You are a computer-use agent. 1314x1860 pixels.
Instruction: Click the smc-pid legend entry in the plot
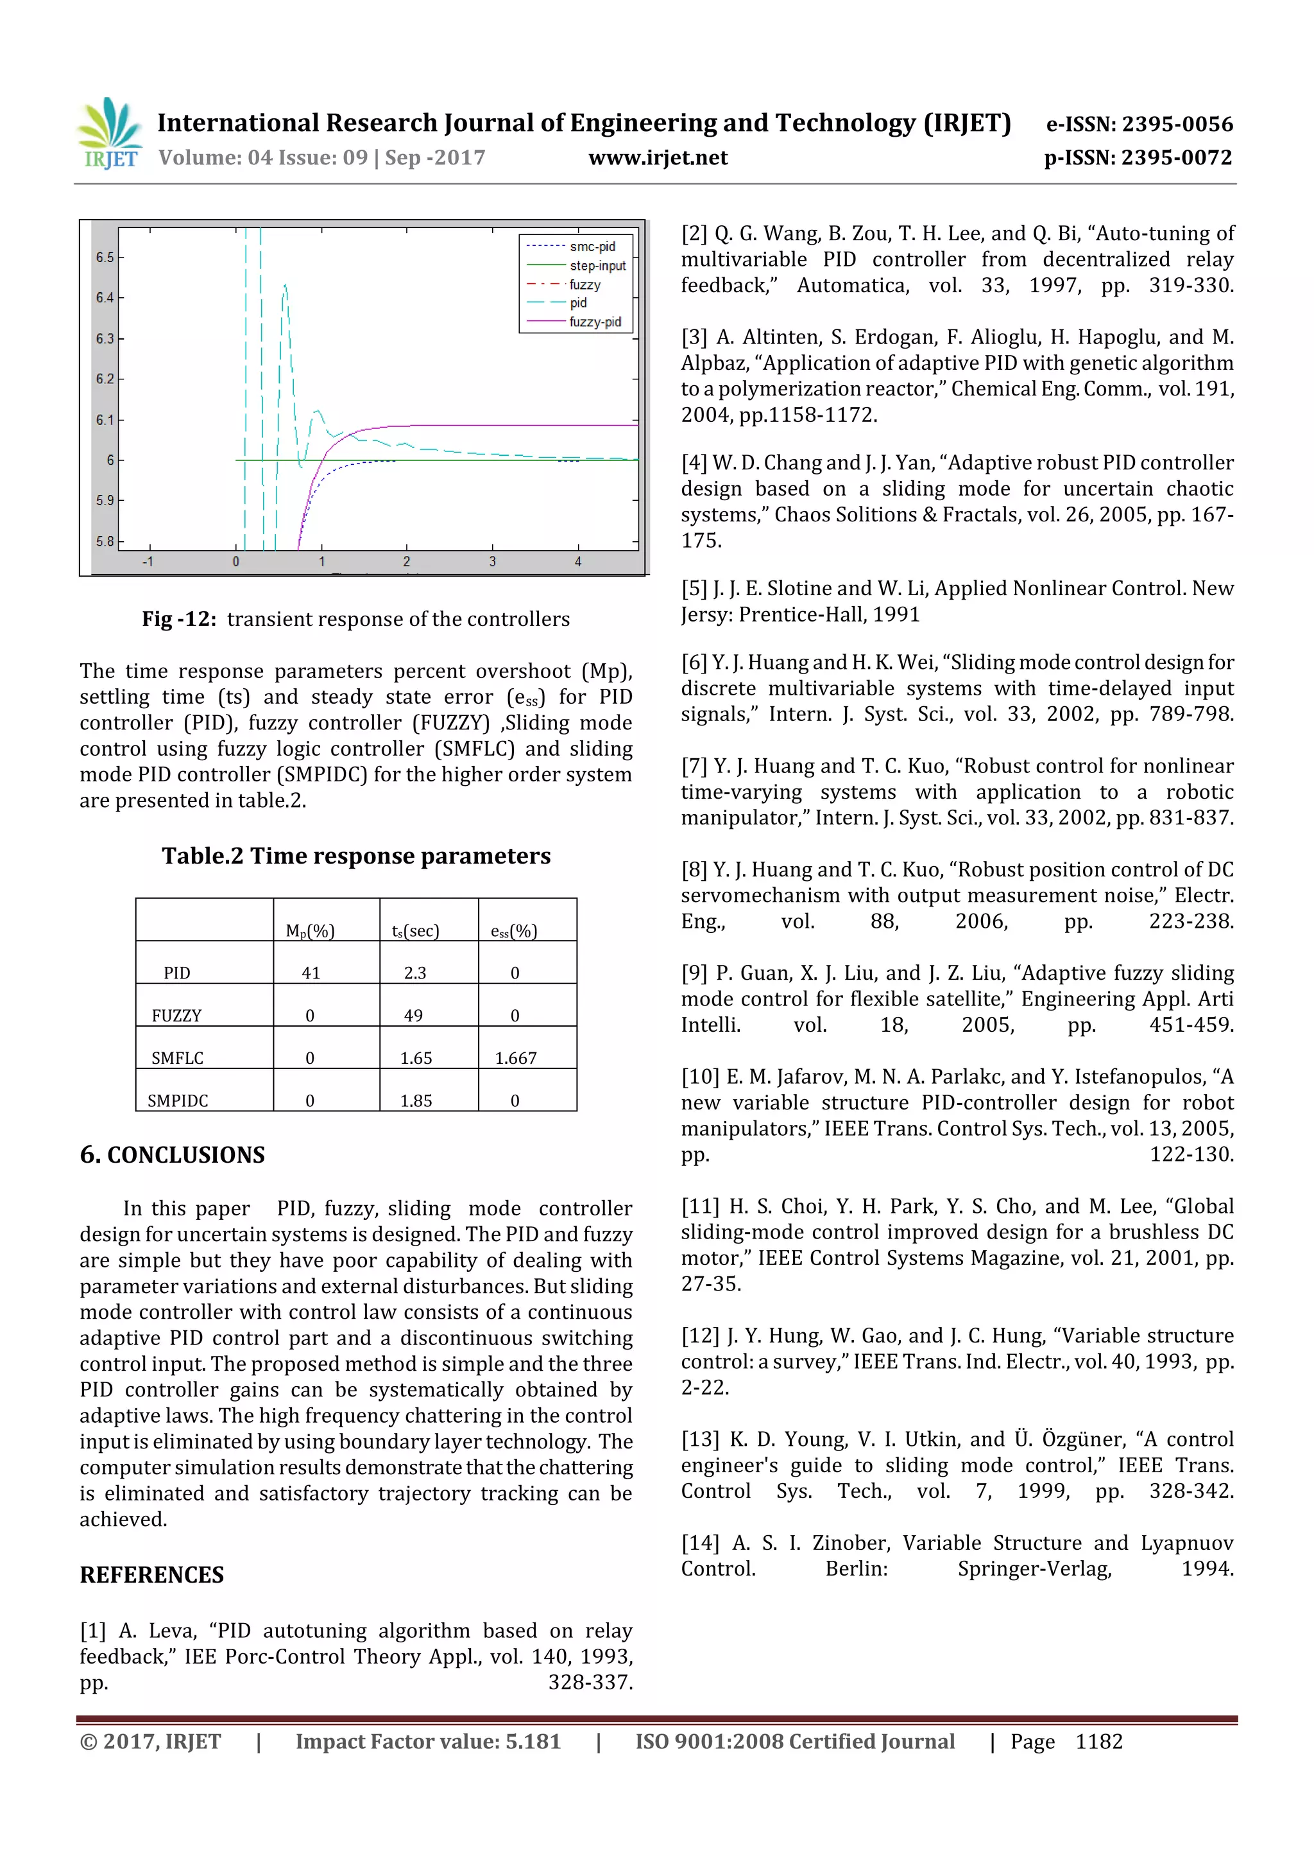591,247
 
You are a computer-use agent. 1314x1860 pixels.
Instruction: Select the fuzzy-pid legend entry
594,322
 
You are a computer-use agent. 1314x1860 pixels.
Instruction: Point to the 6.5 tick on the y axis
105,257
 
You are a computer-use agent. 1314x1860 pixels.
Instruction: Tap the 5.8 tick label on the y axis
105,541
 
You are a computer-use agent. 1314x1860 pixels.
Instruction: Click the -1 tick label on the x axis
148,561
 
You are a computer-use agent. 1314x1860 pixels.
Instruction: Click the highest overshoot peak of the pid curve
285,286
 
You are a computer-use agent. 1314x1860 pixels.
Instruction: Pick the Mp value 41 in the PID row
311,973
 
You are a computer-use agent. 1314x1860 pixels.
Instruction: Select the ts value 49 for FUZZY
414,1016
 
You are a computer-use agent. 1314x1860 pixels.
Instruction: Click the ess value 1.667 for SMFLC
516,1058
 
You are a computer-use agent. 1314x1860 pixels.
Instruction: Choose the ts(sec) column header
415,931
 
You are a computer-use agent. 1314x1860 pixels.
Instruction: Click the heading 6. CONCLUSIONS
173,1154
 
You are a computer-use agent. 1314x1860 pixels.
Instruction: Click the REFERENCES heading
151,1575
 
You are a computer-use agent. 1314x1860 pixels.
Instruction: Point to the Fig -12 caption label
179,619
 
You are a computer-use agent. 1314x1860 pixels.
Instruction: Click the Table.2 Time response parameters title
356,856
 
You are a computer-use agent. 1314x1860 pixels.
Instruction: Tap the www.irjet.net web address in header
658,158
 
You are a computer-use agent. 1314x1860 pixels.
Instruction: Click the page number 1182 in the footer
1098,1742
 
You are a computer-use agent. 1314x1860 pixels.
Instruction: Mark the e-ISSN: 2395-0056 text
1139,124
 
